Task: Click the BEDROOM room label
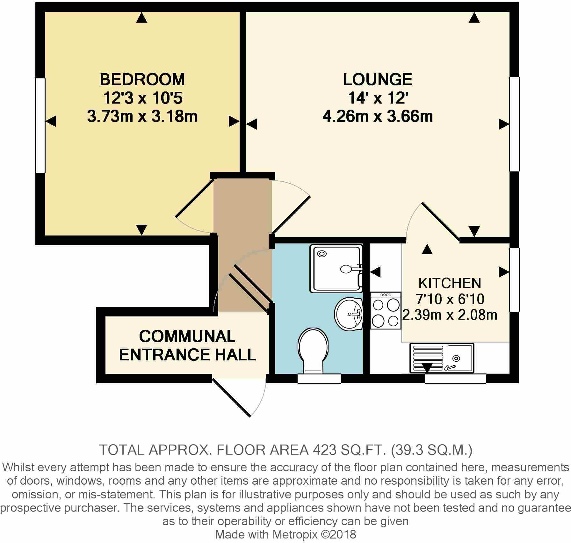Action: click(x=142, y=80)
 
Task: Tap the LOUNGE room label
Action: click(x=378, y=80)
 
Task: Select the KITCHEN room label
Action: click(x=450, y=283)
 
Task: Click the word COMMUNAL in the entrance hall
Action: click(x=187, y=337)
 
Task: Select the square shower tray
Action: click(x=336, y=268)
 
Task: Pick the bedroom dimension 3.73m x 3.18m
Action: click(x=142, y=117)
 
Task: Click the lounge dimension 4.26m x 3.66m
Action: click(x=378, y=117)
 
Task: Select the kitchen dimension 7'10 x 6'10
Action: click(x=450, y=299)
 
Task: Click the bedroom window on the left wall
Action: click(x=40, y=126)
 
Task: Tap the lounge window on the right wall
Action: click(x=514, y=124)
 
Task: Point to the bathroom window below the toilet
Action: click(x=319, y=379)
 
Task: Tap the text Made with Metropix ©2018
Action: click(x=285, y=534)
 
